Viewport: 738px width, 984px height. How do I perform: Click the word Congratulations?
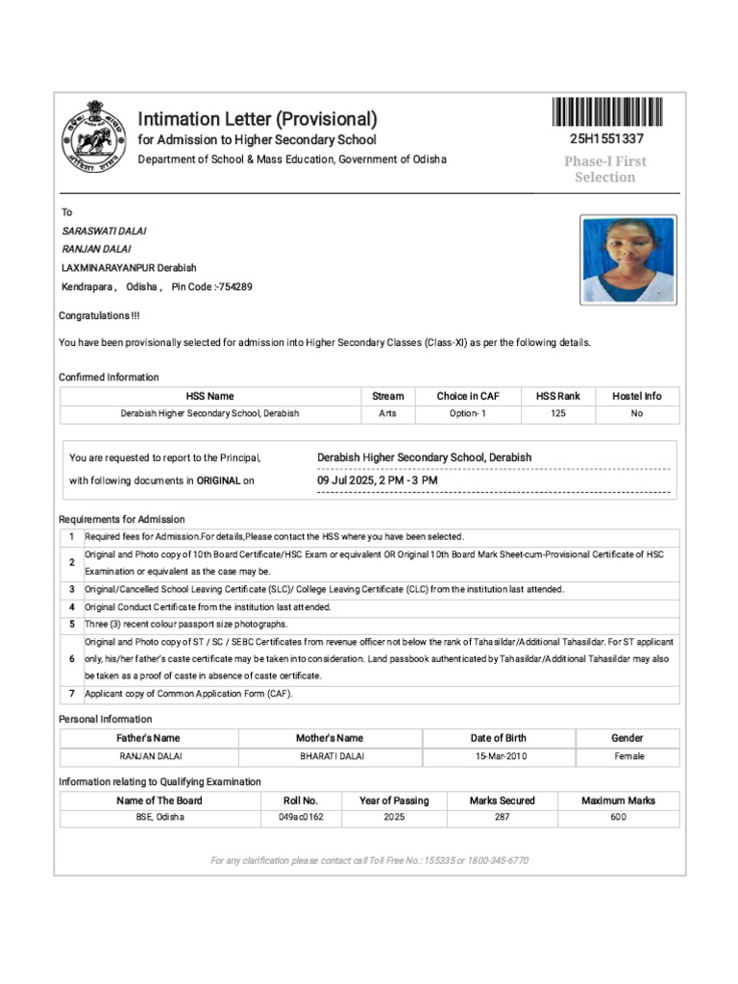(95, 316)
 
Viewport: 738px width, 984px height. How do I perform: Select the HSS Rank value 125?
(558, 414)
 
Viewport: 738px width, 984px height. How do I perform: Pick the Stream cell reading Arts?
(387, 414)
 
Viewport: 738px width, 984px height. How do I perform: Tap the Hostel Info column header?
(636, 396)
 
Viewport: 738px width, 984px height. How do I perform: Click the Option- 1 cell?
(468, 414)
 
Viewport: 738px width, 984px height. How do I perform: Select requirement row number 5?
(71, 624)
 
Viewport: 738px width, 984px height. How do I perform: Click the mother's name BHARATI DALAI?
(332, 756)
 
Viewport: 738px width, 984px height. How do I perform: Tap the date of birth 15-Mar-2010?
(500, 756)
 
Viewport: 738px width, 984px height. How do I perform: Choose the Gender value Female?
(629, 756)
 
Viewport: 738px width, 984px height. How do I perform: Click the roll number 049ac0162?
(301, 818)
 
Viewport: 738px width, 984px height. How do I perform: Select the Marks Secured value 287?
(502, 818)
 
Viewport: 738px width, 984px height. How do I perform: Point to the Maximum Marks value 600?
(618, 818)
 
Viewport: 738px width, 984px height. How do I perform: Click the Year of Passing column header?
(394, 800)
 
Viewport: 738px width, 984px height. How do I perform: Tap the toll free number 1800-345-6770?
(498, 861)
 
